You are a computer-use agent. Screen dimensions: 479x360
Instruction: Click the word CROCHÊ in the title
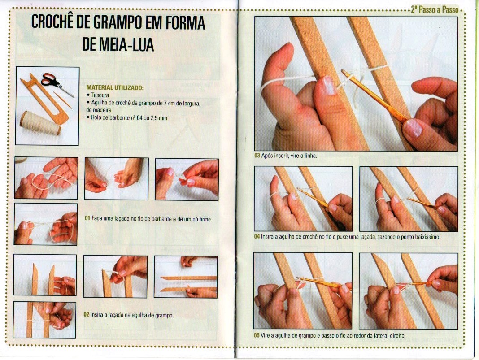pyautogui.click(x=52, y=22)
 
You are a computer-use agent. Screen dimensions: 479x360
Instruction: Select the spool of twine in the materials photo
pyautogui.click(x=40, y=123)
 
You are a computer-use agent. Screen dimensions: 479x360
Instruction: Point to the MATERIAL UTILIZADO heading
pyautogui.click(x=115, y=87)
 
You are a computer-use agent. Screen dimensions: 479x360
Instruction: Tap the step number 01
pyautogui.click(x=87, y=219)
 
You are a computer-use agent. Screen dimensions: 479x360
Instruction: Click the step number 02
pyautogui.click(x=87, y=315)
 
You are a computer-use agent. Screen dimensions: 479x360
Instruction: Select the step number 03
pyautogui.click(x=257, y=156)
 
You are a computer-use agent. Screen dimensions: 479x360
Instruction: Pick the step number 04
pyautogui.click(x=257, y=236)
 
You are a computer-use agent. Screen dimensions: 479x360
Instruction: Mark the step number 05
pyautogui.click(x=257, y=335)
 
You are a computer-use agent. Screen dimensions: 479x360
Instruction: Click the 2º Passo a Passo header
pyautogui.click(x=435, y=9)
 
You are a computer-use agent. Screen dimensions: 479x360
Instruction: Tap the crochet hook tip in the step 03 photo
pyautogui.click(x=344, y=72)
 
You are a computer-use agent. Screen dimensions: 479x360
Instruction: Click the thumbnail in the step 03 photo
pyautogui.click(x=329, y=85)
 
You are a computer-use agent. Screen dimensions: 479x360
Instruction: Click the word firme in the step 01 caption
pyautogui.click(x=205, y=219)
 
